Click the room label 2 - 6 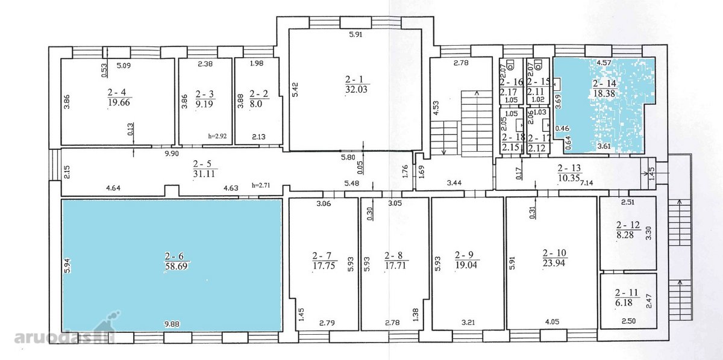coord(174,256)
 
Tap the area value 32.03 coord(356,89)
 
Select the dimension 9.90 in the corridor coord(172,154)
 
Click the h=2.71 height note coord(261,185)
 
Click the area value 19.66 coord(119,102)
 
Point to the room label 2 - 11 coord(627,293)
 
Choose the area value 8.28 coord(625,235)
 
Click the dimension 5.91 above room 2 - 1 coord(355,34)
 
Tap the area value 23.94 coord(554,263)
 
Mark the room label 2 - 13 coord(569,168)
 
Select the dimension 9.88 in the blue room coord(172,323)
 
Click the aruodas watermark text coord(55,337)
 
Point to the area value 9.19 coord(204,104)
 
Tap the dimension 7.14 coord(587,183)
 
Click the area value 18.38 coord(604,93)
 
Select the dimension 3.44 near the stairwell coord(454,183)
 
